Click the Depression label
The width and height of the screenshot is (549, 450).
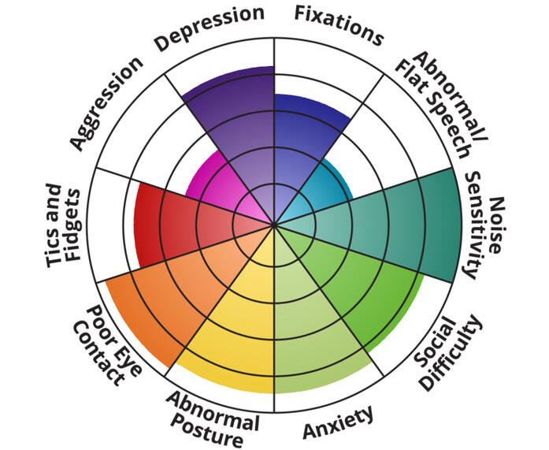click(208, 29)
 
